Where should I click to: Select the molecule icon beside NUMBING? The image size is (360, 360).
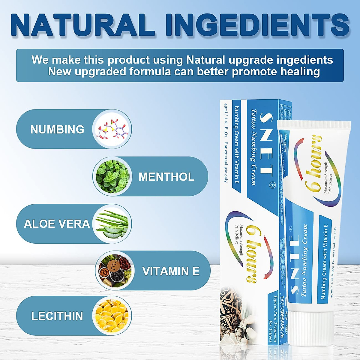(x=112, y=129)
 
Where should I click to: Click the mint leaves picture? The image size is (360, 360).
(x=112, y=176)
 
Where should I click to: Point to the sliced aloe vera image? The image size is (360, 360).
(x=112, y=224)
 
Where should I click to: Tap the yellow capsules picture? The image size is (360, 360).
(x=112, y=316)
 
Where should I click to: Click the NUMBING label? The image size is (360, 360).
(x=57, y=129)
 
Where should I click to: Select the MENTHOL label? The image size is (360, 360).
(x=166, y=177)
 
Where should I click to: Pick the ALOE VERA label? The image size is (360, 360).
(x=57, y=224)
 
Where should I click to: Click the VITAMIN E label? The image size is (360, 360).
(x=171, y=271)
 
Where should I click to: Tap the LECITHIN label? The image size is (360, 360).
(x=57, y=316)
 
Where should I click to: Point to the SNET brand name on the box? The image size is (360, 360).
(x=266, y=143)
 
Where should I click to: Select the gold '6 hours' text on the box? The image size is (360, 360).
(x=251, y=253)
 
